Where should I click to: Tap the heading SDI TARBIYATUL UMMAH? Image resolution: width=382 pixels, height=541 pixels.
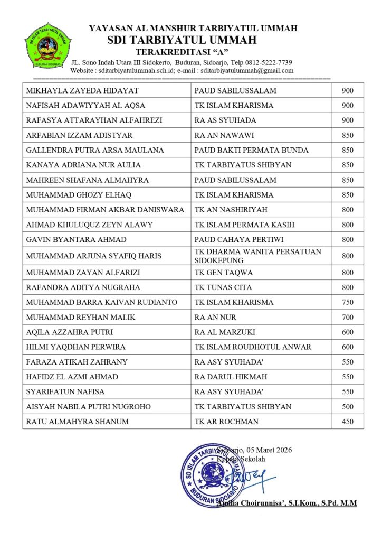(x=182, y=40)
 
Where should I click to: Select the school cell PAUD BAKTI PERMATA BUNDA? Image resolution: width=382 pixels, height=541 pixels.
(x=251, y=150)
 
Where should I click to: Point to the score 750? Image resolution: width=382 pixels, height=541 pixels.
(x=348, y=302)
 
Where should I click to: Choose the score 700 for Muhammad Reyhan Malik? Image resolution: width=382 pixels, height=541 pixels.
(x=348, y=318)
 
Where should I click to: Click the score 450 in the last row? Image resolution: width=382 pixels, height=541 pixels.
(x=348, y=422)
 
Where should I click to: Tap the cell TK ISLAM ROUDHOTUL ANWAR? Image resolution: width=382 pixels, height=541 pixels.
(x=253, y=347)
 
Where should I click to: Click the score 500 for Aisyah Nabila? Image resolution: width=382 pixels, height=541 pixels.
(x=348, y=407)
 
